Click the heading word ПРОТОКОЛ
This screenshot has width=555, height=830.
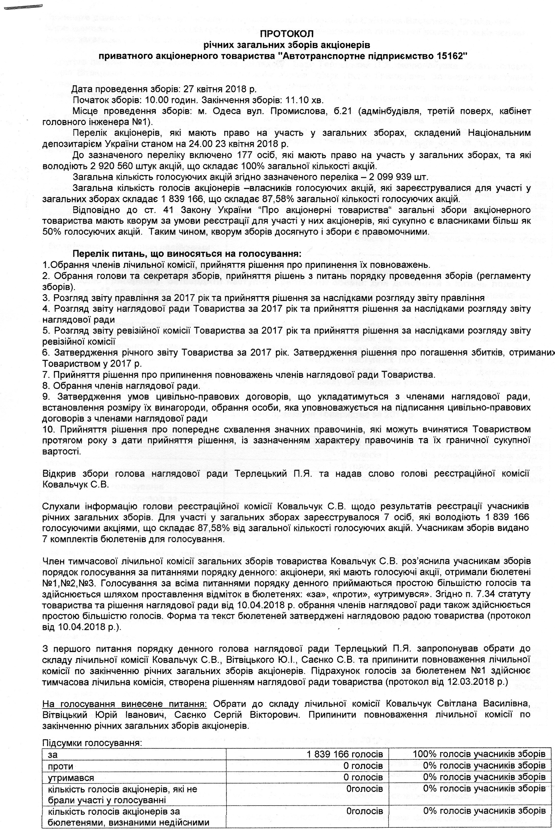tap(287, 34)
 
